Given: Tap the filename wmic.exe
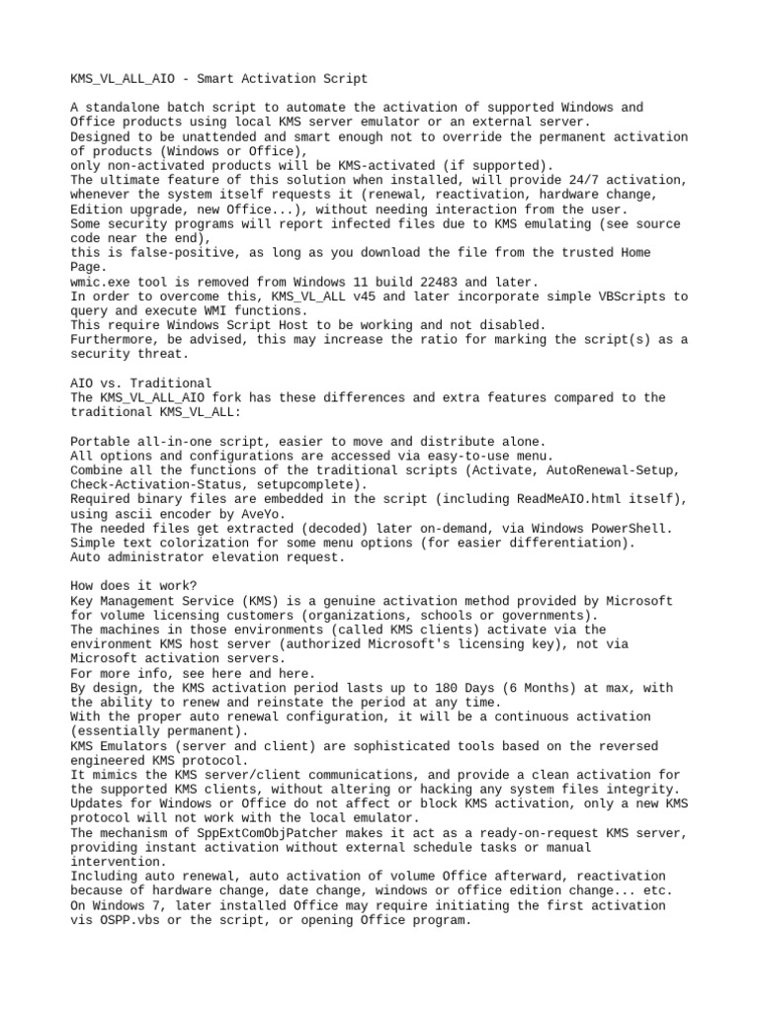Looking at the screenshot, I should pyautogui.click(x=103, y=282).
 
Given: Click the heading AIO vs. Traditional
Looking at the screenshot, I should pyautogui.click(x=141, y=382).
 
